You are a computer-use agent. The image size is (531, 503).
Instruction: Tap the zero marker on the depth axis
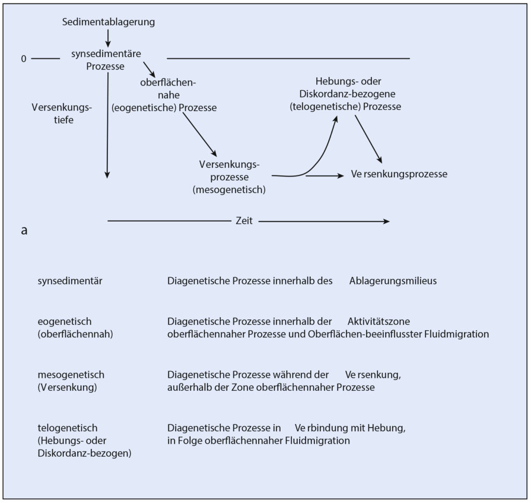(x=23, y=59)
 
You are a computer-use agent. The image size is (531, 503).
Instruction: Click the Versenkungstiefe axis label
(x=61, y=114)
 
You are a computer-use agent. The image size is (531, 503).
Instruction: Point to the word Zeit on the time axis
(x=244, y=221)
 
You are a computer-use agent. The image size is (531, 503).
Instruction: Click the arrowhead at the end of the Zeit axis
(x=386, y=221)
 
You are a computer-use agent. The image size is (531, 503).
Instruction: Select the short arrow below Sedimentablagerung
(x=108, y=37)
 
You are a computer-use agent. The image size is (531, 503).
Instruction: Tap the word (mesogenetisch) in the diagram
(x=229, y=189)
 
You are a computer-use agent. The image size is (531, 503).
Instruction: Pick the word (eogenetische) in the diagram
(x=145, y=108)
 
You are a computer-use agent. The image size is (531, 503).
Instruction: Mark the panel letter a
(x=24, y=231)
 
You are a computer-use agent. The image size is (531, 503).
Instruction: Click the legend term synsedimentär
(x=70, y=281)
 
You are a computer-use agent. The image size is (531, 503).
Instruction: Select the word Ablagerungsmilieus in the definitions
(x=393, y=281)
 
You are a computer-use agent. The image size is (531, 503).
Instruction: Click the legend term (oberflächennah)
(x=75, y=334)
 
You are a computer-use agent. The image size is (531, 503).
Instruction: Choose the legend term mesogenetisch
(x=71, y=374)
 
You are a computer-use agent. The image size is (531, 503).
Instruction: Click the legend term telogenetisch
(x=67, y=428)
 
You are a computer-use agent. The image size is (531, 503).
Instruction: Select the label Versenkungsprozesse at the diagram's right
(x=399, y=174)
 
